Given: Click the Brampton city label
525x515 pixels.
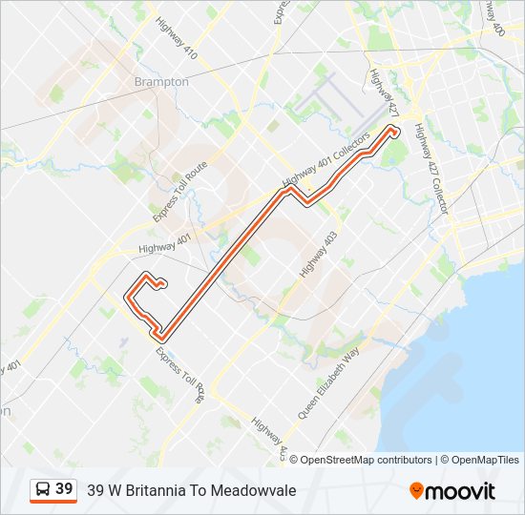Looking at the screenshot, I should (161, 82).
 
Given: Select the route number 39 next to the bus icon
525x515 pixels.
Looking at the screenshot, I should (64, 489).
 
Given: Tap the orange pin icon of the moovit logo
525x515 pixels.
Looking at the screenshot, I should (416, 490).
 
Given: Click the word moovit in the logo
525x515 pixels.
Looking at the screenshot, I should (461, 490).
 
